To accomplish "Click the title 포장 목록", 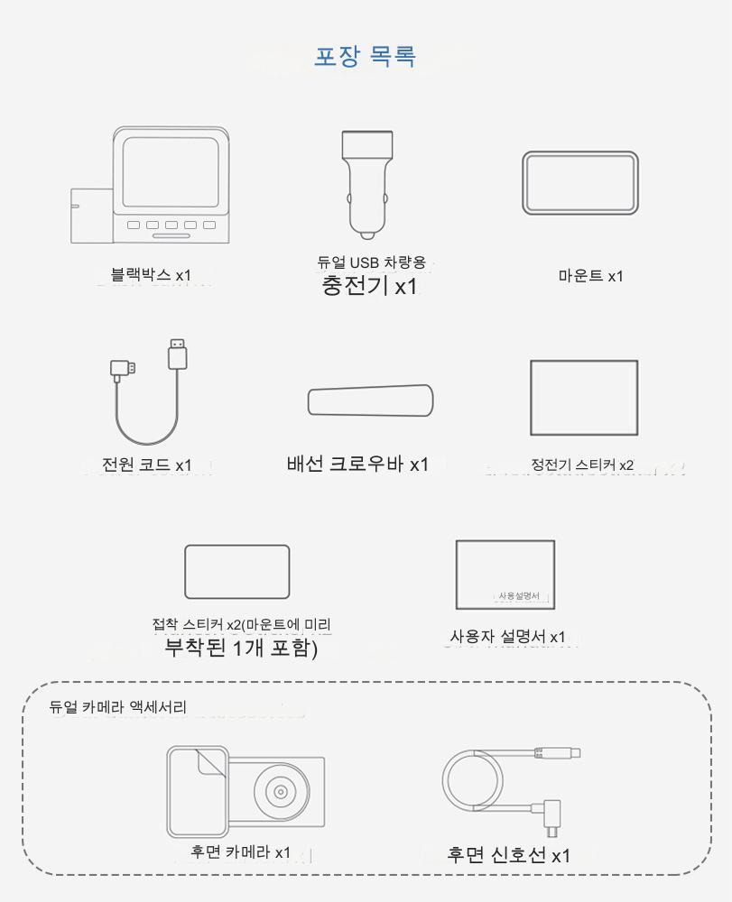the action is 365,56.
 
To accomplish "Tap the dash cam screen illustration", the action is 171,171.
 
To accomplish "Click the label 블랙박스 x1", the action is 151,275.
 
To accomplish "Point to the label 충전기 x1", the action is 369,285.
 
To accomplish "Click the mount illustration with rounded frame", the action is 580,183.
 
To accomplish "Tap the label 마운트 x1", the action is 590,276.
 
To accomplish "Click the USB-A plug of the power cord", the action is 178,354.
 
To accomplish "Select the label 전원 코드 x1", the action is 147,465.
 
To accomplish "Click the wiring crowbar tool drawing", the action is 370,400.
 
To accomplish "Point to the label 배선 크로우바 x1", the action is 357,464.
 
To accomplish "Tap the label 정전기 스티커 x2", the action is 582,465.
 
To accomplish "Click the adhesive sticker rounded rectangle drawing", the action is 237,572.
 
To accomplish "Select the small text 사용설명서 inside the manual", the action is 519,596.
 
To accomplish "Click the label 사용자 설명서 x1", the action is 507,637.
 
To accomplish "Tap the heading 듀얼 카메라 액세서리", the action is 118,707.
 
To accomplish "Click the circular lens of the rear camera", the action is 281,792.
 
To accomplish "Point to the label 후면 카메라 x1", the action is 241,852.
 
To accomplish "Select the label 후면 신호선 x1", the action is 509,855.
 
